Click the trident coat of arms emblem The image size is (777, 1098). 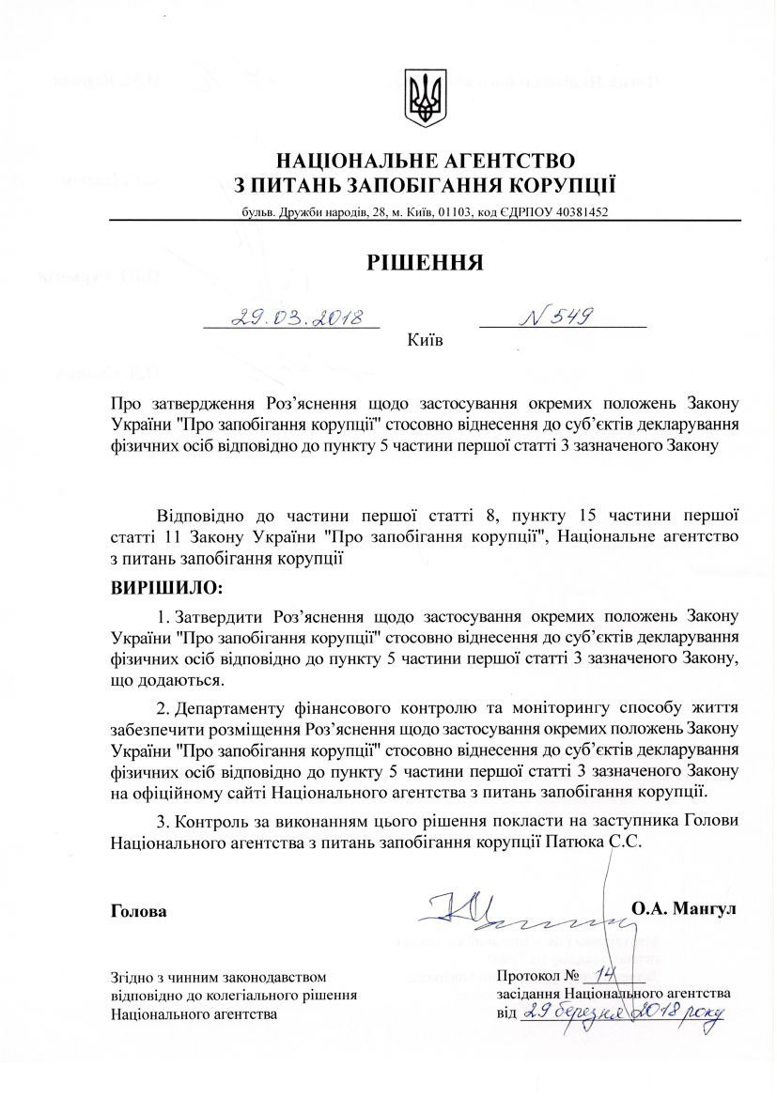(425, 98)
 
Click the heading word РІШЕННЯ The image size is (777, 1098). (425, 261)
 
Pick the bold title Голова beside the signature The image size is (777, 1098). (139, 910)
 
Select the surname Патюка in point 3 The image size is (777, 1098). (573, 843)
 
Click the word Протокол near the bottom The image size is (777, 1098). (529, 977)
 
